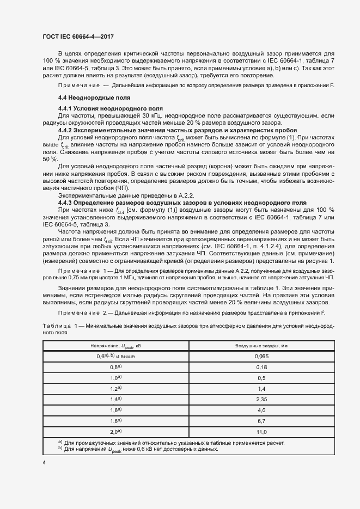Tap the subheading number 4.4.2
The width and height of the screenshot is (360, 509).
[x=67, y=131]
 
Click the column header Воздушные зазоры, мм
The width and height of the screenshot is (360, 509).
[x=261, y=346]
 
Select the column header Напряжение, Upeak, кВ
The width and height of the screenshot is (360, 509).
[x=115, y=346]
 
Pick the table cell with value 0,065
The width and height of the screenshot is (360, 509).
[x=261, y=356]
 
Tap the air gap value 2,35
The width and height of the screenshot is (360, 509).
[x=261, y=399]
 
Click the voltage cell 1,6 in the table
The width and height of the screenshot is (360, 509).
[x=115, y=410]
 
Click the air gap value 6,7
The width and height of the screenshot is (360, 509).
[x=261, y=421]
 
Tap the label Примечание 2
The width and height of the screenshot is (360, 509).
[x=81, y=313]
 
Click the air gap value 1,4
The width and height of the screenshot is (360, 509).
[x=261, y=389]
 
